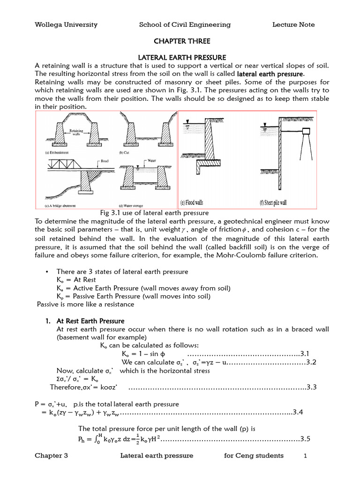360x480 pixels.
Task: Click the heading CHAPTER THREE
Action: pyautogui.click(x=180, y=41)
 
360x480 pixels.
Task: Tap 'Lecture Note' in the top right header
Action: pyautogui.click(x=293, y=25)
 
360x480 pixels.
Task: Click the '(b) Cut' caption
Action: pyautogui.click(x=126, y=153)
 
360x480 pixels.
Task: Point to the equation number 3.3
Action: pyautogui.click(x=312, y=387)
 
